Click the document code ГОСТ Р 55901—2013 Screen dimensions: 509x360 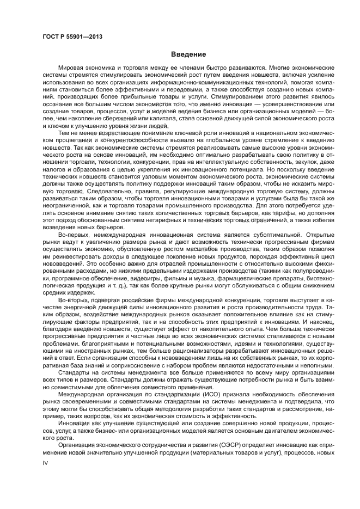[x=72, y=36]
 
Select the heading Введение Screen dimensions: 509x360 [x=188, y=54]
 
